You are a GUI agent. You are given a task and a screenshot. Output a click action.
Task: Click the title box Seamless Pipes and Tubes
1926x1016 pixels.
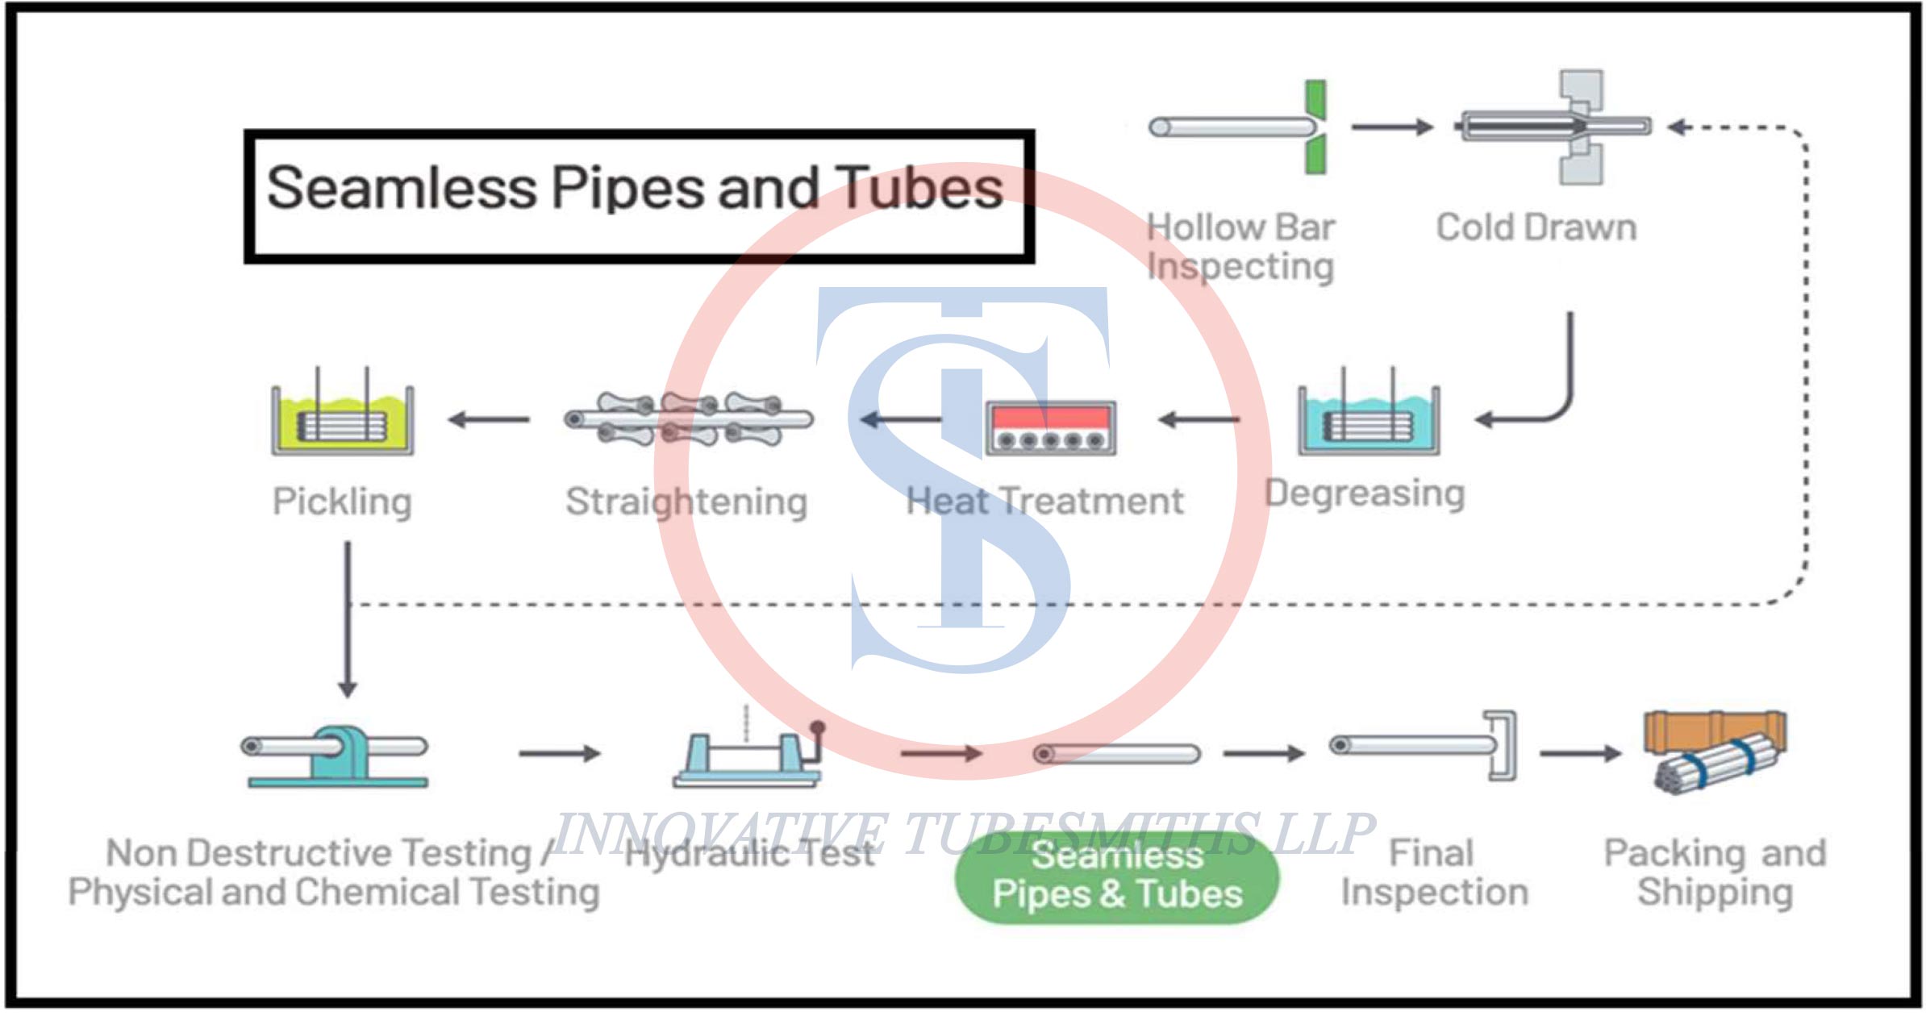pos(639,196)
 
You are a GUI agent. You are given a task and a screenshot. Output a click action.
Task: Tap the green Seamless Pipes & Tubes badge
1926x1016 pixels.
pos(1117,877)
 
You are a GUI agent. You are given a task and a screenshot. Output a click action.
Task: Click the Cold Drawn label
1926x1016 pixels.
pos(1536,228)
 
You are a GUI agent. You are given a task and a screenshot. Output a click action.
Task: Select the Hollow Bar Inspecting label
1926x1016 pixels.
pos(1240,247)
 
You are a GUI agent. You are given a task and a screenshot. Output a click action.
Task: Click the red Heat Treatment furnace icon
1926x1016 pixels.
pos(1050,427)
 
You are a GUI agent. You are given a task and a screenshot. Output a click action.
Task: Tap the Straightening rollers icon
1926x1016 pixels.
pos(688,419)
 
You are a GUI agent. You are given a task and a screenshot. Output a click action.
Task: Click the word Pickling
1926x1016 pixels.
pos(342,502)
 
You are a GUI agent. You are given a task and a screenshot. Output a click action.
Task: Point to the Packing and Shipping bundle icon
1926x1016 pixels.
pos(1715,752)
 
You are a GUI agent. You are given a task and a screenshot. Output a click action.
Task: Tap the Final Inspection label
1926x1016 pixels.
pos(1434,873)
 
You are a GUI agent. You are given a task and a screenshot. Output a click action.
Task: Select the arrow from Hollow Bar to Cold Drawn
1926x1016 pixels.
pos(1392,127)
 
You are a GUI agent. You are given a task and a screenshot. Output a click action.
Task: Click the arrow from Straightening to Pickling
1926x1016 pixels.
pos(489,419)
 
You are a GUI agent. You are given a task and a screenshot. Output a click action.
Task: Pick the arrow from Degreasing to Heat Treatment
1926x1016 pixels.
pos(1199,419)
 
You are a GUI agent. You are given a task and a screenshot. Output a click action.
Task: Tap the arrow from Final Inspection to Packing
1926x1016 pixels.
pos(1580,754)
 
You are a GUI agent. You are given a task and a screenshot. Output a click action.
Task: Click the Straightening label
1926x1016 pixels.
pos(686,502)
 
